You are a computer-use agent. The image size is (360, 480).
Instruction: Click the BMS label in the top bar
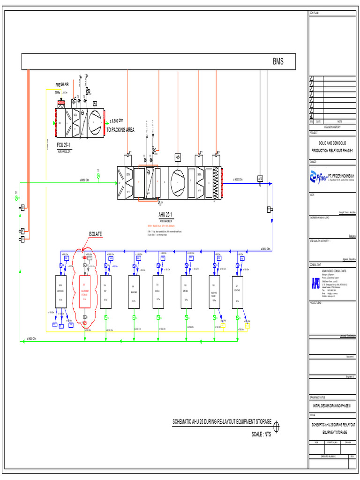pyautogui.click(x=278, y=62)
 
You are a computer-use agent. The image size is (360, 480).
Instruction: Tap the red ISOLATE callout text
pyautogui.click(x=95, y=234)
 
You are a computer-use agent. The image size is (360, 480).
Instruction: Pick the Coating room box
pyautogui.click(x=238, y=292)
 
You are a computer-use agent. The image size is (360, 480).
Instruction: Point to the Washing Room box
pyautogui.click(x=214, y=292)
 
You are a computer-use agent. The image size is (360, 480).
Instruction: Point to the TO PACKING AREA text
pyautogui.click(x=120, y=130)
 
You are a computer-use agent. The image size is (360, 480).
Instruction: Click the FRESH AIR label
pyautogui.click(x=62, y=84)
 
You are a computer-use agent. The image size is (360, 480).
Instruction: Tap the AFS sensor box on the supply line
pyautogui.click(x=260, y=179)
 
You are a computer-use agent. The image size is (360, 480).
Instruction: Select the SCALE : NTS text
pyautogui.click(x=261, y=434)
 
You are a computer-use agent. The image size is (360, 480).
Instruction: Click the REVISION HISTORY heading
pyautogui.click(x=331, y=127)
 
